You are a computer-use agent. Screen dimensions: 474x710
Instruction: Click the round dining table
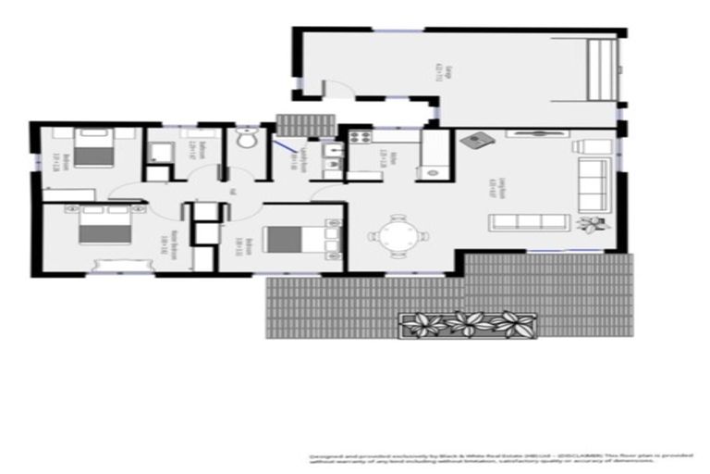[x=398, y=236]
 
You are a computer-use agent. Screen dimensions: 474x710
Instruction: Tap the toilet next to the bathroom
[x=246, y=142]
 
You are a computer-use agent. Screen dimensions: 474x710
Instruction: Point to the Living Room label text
[x=500, y=182]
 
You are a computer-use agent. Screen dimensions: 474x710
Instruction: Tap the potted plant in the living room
[x=590, y=223]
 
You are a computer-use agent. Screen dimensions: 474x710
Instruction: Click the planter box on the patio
[x=468, y=325]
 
